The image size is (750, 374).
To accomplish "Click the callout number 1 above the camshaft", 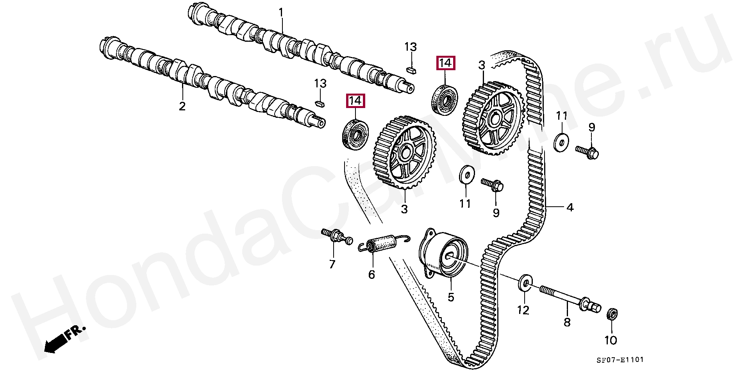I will point(280,13).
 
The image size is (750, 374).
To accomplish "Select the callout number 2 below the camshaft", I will point(182,106).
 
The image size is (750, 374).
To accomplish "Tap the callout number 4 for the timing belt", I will point(570,207).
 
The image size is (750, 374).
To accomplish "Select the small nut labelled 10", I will point(612,314).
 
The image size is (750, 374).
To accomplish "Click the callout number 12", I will point(523,310).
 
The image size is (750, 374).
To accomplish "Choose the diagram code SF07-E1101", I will point(620,360).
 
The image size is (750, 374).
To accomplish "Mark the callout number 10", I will point(611,340).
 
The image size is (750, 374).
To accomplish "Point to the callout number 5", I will point(451,298).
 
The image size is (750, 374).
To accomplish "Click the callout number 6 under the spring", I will point(371,275).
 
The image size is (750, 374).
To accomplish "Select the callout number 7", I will point(332,264).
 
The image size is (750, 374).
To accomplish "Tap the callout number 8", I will point(567,322).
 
